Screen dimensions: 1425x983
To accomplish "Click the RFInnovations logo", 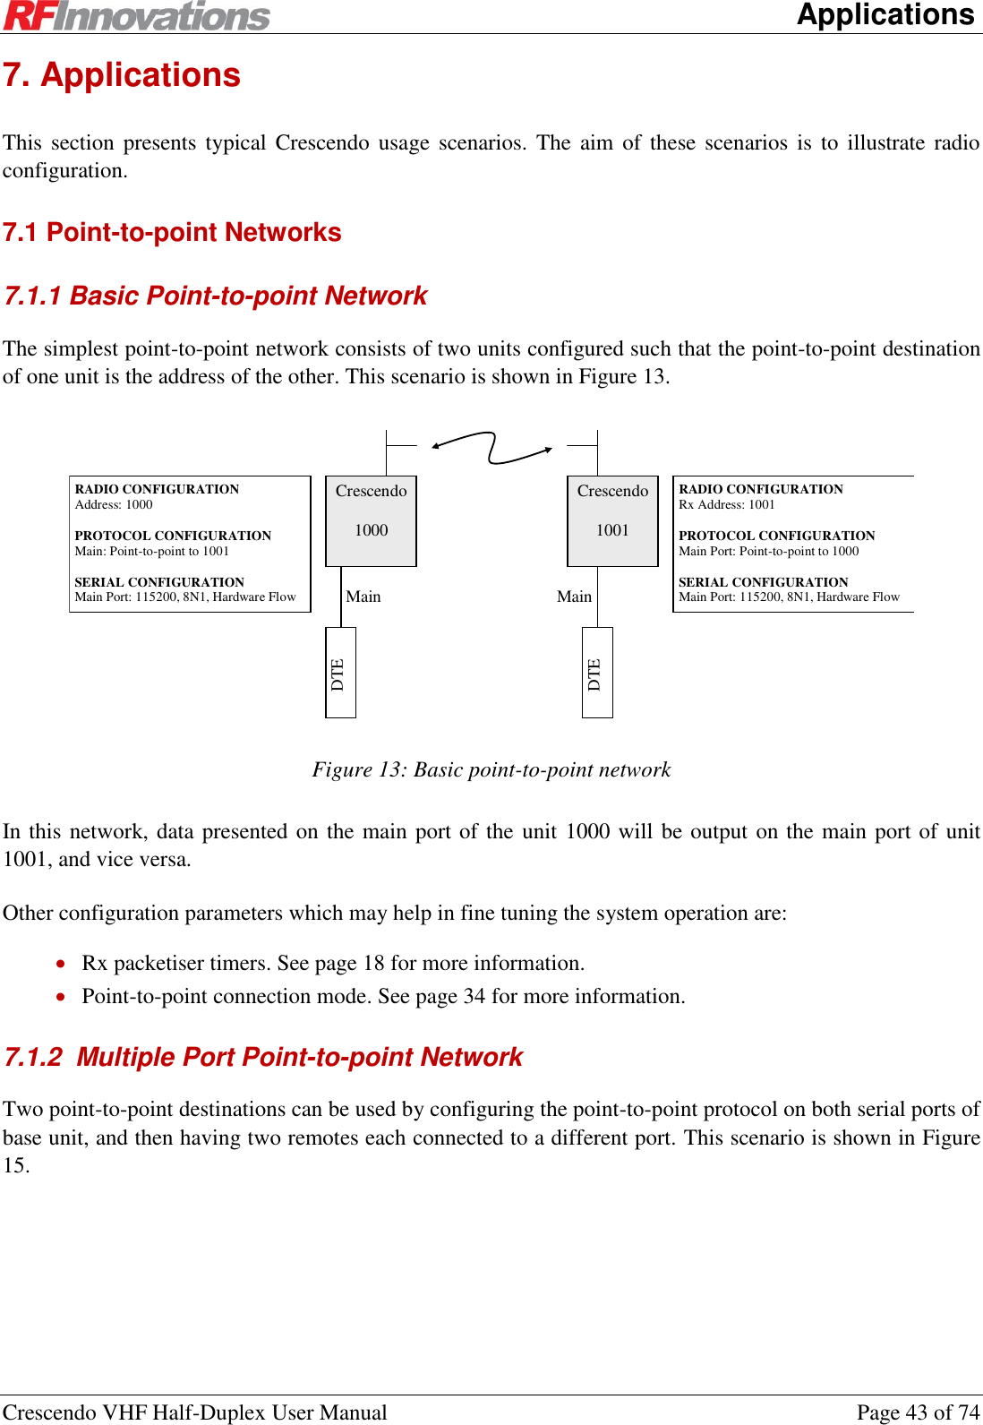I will (136, 16).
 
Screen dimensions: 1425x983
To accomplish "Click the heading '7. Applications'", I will (122, 75).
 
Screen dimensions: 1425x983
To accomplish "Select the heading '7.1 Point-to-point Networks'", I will (172, 233).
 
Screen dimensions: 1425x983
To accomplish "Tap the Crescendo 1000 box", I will (371, 520).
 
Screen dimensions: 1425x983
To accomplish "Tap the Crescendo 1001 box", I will (612, 520).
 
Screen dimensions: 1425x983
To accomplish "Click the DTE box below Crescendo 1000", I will (340, 673).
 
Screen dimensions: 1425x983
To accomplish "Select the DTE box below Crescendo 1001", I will (597, 673).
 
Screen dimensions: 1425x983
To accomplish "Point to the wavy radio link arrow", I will (491, 447).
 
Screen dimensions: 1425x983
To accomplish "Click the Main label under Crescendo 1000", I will (363, 597).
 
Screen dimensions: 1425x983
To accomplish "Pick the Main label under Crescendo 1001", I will (574, 597).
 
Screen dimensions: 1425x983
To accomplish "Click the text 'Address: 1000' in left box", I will (114, 505).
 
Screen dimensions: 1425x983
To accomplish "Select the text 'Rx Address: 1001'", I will (726, 505).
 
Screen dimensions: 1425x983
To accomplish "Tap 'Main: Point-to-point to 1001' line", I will (152, 552).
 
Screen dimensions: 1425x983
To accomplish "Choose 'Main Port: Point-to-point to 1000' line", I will (768, 552).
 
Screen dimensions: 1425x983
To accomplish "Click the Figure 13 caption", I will (491, 770).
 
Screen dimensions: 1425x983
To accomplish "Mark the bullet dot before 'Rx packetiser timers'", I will (60, 965).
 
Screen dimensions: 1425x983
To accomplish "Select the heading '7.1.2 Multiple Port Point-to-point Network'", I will (263, 1058).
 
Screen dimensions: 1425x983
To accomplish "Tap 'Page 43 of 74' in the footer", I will (918, 1412).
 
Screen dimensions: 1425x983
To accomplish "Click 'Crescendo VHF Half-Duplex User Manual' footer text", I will (195, 1412).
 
